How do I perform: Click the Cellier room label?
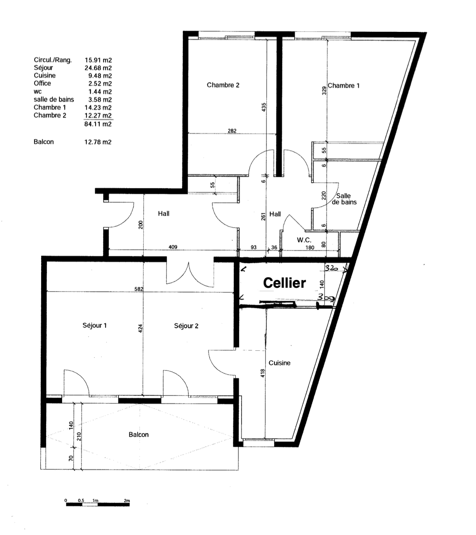(285, 283)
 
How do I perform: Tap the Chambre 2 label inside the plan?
(223, 85)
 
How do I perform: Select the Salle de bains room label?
(344, 199)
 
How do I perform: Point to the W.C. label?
(304, 240)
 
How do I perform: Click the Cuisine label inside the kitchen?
(280, 363)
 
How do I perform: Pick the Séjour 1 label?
(95, 325)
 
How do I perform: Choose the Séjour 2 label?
(186, 326)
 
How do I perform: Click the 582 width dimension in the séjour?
(139, 289)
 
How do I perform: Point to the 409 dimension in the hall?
(173, 247)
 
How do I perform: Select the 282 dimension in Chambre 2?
(232, 131)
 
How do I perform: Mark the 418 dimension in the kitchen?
(262, 373)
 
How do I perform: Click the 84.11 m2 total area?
(98, 124)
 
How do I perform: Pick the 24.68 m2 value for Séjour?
(98, 68)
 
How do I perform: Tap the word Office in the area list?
(42, 84)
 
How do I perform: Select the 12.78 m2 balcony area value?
(98, 142)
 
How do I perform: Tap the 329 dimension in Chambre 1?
(324, 91)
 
